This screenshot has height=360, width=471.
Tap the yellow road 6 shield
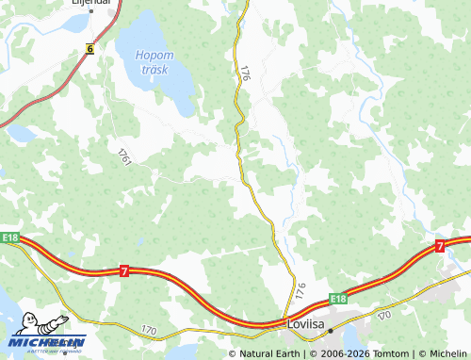[x=89, y=47]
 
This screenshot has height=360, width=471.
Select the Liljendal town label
[x=92, y=3]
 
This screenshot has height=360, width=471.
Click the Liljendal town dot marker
[x=92, y=12]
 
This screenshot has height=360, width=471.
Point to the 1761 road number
[x=123, y=157]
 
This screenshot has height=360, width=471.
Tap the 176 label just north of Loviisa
[x=300, y=291]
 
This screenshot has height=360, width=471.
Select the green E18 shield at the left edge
[x=10, y=237]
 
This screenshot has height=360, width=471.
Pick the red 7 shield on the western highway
[x=124, y=271]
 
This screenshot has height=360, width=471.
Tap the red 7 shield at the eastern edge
[x=440, y=245]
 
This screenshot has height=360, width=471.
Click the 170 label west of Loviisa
[x=149, y=330]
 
